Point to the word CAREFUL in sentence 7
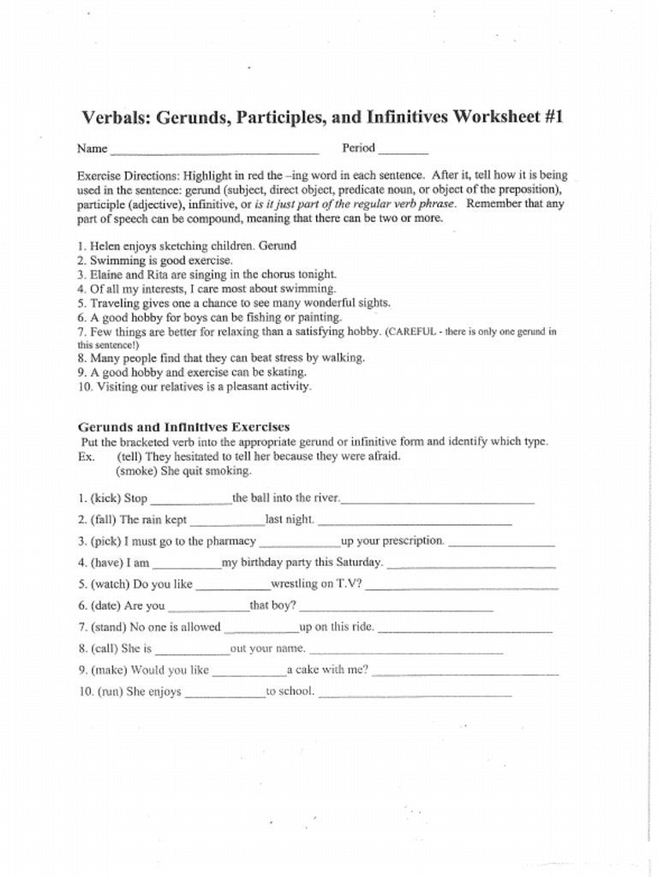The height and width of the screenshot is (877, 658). [417, 331]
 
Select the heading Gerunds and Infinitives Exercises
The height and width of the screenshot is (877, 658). [183, 427]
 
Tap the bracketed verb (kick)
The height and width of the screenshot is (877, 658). [106, 498]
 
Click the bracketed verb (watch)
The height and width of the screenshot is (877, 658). [110, 585]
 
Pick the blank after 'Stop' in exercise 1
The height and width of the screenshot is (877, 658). [190, 501]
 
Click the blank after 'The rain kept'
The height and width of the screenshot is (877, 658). [227, 522]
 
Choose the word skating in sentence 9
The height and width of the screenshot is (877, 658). [287, 373]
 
